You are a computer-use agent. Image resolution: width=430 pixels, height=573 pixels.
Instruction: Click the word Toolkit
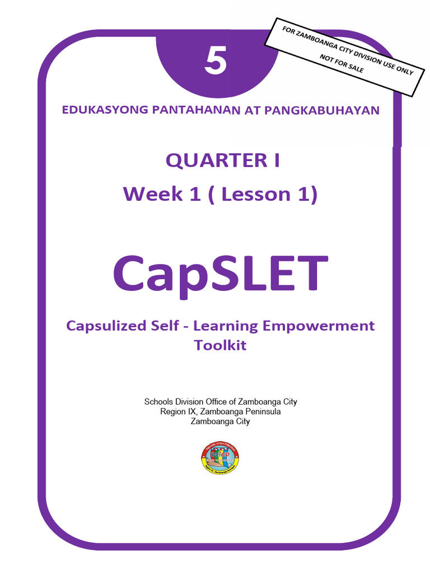coord(220,345)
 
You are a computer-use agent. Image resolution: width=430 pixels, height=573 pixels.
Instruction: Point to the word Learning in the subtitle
coord(241,326)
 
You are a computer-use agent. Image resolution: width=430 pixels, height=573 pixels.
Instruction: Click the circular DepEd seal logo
coord(219,458)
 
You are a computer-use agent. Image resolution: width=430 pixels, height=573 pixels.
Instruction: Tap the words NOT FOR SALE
coord(342,64)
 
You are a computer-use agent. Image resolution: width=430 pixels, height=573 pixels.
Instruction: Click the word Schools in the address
coord(160,401)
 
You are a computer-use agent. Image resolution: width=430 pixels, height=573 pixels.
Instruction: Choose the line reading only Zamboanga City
coord(220,421)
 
